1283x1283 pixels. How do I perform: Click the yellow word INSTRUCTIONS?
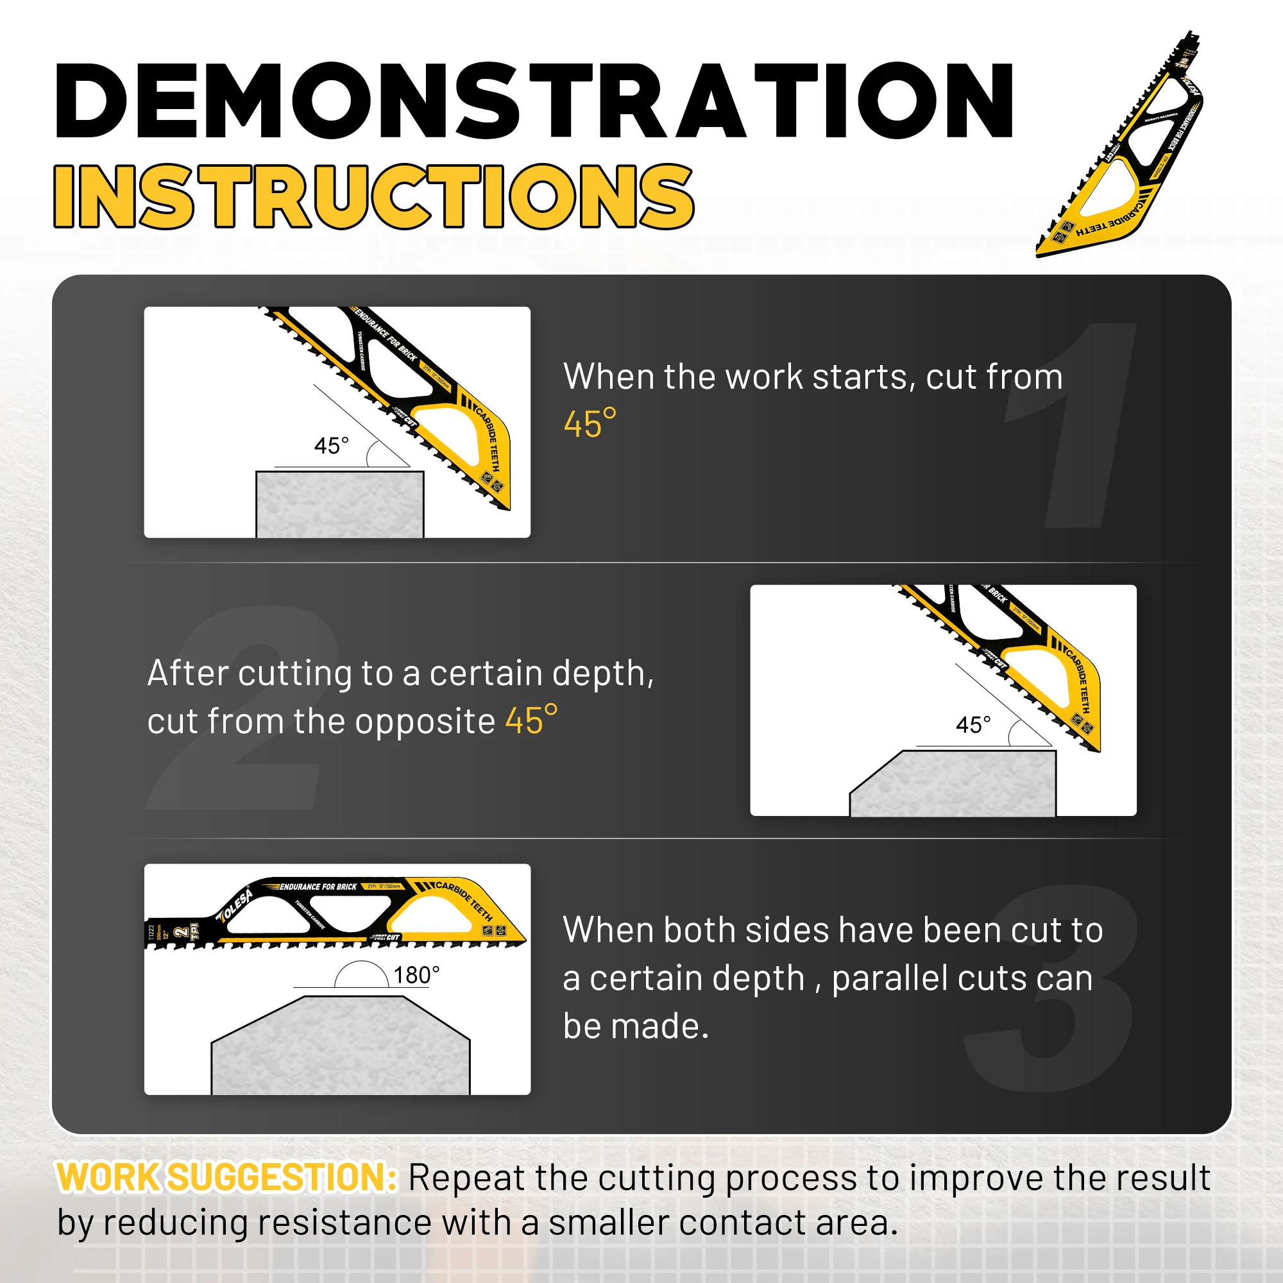pyautogui.click(x=373, y=196)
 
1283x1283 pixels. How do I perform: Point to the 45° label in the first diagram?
pyautogui.click(x=331, y=446)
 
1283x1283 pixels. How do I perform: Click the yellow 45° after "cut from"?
pyautogui.click(x=590, y=424)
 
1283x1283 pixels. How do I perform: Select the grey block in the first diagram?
pyautogui.click(x=339, y=505)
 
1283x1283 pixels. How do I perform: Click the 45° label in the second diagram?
pyautogui.click(x=973, y=724)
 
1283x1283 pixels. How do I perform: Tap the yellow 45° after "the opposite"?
pyautogui.click(x=531, y=720)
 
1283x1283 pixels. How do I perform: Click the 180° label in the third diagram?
pyautogui.click(x=416, y=975)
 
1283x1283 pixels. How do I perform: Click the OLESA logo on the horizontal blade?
pyautogui.click(x=235, y=905)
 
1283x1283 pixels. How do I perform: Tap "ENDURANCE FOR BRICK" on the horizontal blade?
pyautogui.click(x=318, y=887)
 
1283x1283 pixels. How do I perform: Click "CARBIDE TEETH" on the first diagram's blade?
pyautogui.click(x=489, y=438)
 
